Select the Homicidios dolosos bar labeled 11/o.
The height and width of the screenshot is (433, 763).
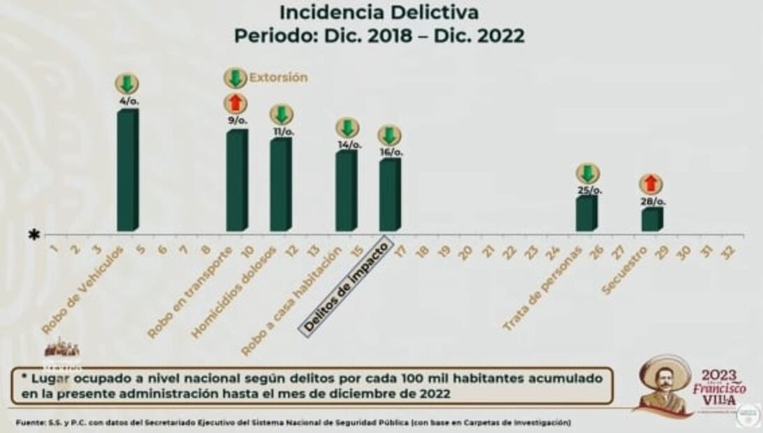click(280, 184)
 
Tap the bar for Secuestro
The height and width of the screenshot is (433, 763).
click(651, 219)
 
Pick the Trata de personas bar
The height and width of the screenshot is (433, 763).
click(586, 213)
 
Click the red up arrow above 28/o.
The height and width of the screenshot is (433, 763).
click(651, 184)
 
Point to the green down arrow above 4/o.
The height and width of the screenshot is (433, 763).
click(126, 84)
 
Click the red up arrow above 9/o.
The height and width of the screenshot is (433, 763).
click(235, 103)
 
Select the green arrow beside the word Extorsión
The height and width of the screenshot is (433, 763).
click(235, 78)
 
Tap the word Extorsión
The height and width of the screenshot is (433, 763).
click(278, 78)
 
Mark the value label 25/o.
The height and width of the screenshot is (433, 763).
click(589, 190)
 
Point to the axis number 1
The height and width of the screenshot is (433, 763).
click(53, 249)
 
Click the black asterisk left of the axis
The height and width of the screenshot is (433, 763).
click(34, 235)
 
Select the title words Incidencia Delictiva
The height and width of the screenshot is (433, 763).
click(379, 12)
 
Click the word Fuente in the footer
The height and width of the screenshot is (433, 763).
click(27, 423)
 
